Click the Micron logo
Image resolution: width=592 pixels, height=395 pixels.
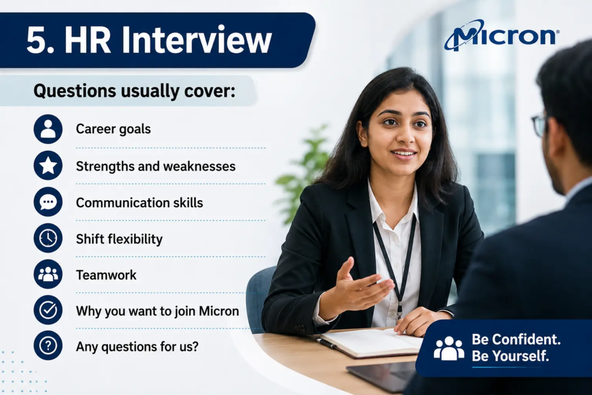point(501,35)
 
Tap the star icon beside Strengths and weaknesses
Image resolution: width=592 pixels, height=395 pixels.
point(48,165)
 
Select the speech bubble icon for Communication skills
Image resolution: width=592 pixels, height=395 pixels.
point(48,202)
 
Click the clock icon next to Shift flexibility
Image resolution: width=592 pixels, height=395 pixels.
point(48,238)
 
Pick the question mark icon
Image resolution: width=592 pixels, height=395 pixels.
point(48,345)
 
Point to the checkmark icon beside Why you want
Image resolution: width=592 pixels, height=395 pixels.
point(48,310)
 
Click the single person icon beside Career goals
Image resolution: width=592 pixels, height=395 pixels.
point(48,129)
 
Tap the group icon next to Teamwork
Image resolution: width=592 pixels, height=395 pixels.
point(48,274)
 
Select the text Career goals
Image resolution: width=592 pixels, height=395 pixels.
point(113,129)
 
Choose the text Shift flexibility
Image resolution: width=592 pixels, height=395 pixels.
point(119,239)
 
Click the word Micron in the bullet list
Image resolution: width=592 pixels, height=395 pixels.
point(219,311)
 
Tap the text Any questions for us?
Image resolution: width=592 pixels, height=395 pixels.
point(137,346)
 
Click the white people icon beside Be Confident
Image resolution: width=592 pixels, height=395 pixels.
point(449,348)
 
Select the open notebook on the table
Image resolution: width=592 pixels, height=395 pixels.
point(372,342)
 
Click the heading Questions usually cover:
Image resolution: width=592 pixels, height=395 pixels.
point(134,91)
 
